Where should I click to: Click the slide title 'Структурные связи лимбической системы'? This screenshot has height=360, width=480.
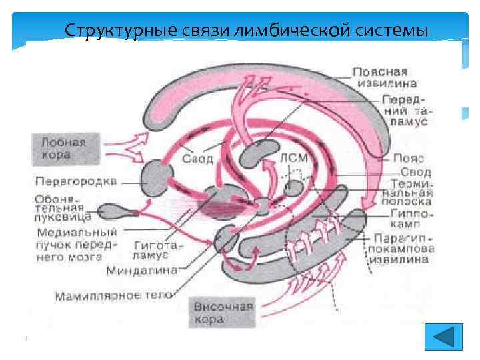246,31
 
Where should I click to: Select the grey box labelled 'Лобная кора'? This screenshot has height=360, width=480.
63,149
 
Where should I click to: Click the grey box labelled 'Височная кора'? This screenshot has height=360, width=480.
223,313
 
